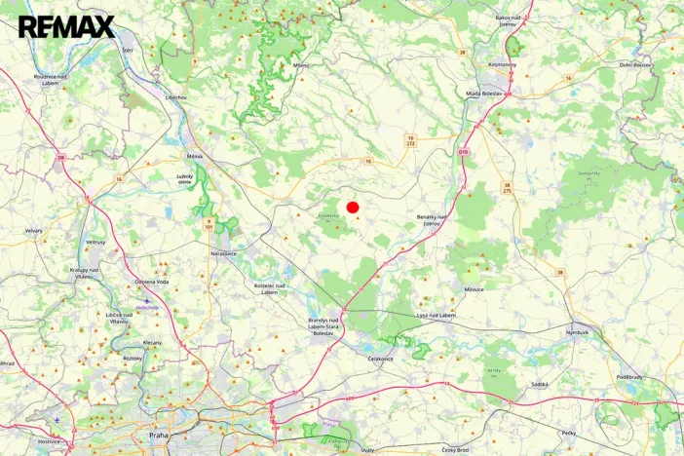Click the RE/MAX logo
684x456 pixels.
click(x=66, y=26)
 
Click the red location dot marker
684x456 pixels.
click(x=353, y=207)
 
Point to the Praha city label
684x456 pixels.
click(x=159, y=434)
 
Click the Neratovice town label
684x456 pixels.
click(x=223, y=253)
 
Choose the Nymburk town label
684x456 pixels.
click(x=577, y=331)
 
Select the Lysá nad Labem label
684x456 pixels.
click(x=435, y=315)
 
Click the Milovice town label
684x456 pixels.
click(x=474, y=289)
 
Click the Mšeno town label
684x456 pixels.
click(x=301, y=65)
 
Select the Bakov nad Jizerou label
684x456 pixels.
click(x=516, y=20)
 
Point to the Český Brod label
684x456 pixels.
click(x=455, y=449)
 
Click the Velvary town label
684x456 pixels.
click(x=34, y=231)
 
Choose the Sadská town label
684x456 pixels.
click(x=539, y=385)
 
